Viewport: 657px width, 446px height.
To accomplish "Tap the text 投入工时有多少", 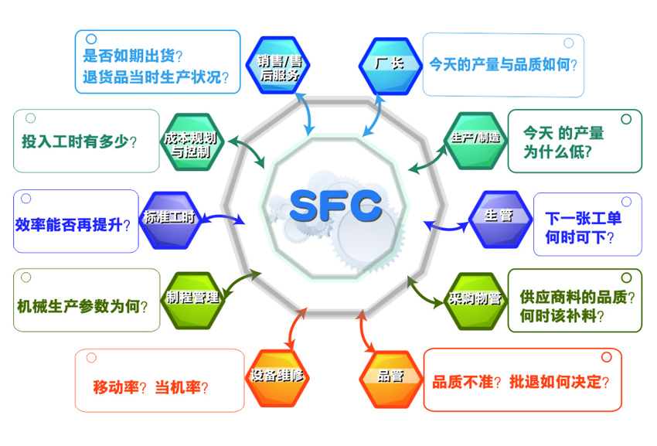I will pos(79,141).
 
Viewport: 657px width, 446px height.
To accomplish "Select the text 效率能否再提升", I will pos(73,224).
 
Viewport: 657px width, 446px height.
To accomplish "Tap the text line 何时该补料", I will pos(563,316).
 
